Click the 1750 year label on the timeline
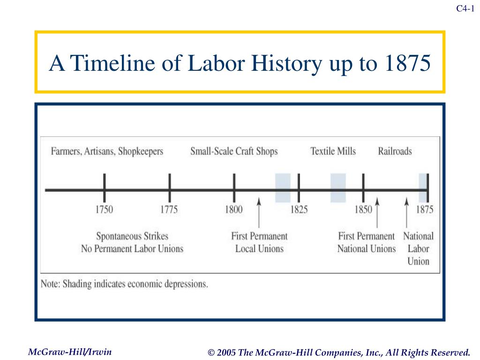click(x=104, y=210)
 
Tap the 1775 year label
click(x=169, y=210)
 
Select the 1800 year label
click(x=233, y=210)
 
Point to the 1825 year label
click(x=299, y=210)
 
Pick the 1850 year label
click(x=363, y=210)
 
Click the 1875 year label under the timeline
click(x=425, y=210)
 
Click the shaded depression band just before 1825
click(x=283, y=188)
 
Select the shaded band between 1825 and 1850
click(x=338, y=188)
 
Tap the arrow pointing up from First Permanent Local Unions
click(x=259, y=213)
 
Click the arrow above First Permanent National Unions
click(x=377, y=213)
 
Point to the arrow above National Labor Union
click(x=406, y=213)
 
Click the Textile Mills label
click(x=333, y=151)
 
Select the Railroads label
click(x=395, y=151)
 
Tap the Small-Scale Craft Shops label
click(x=234, y=151)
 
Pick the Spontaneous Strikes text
click(x=132, y=236)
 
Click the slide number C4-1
click(x=465, y=8)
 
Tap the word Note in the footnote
click(x=50, y=284)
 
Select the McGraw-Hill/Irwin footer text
click(x=70, y=352)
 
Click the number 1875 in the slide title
click(x=407, y=63)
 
